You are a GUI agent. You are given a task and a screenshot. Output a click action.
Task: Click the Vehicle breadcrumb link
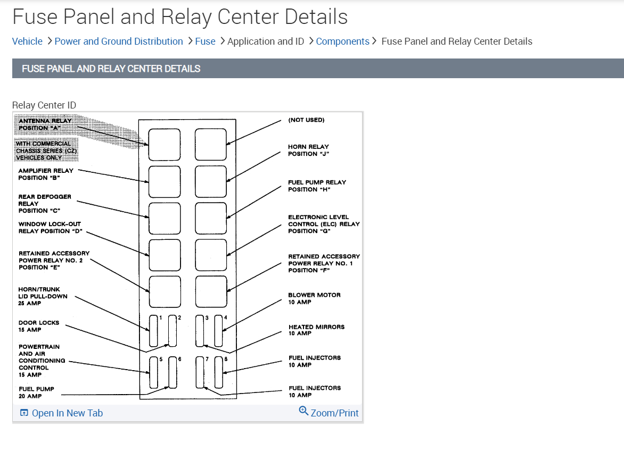click(x=27, y=41)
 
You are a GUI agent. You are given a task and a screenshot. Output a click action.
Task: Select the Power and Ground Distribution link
click(x=119, y=41)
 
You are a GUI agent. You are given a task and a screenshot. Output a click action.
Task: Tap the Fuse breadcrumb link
click(x=205, y=41)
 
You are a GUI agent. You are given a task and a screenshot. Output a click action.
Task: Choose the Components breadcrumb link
click(x=342, y=41)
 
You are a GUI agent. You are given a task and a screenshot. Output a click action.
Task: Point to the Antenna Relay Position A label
click(x=45, y=124)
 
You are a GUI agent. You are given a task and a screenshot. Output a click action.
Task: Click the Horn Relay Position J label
click(x=308, y=150)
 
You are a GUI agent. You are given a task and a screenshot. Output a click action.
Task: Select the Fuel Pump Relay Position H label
click(x=317, y=186)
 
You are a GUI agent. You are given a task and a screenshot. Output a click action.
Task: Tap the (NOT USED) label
click(x=306, y=120)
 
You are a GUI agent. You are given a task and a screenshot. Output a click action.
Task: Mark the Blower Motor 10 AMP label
click(x=314, y=298)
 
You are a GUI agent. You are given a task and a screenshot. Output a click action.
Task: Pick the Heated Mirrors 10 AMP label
click(x=316, y=330)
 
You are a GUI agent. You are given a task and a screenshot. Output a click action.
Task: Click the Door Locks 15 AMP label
click(x=39, y=326)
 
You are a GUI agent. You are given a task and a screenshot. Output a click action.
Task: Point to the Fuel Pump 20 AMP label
click(x=36, y=392)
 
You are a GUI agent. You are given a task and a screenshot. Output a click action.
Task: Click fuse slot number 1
click(x=153, y=330)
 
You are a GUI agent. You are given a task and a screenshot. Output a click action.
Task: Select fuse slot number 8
click(x=218, y=372)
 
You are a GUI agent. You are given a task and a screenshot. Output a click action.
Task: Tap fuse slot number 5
click(x=153, y=372)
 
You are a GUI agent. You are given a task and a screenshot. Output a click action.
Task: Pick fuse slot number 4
click(x=218, y=330)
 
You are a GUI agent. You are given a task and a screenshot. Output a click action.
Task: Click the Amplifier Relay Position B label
click(x=46, y=174)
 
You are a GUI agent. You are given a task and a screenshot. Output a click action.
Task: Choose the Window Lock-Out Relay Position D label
click(x=50, y=228)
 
